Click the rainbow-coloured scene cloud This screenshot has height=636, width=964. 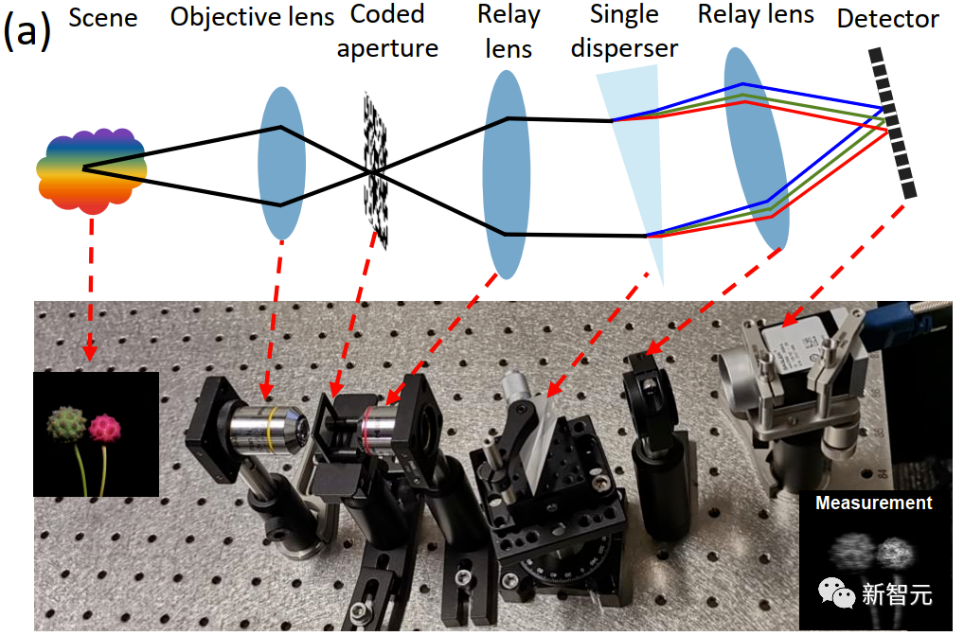[x=91, y=170]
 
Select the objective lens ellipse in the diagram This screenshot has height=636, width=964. [x=281, y=163]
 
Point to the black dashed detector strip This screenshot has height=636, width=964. [x=893, y=123]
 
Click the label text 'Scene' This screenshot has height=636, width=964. [x=103, y=18]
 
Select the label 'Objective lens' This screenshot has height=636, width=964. [x=252, y=18]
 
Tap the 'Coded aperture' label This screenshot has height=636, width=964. [x=387, y=31]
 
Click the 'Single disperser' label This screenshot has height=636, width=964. [x=624, y=30]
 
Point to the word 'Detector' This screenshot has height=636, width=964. [x=888, y=18]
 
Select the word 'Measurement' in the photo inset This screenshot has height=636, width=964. [x=873, y=503]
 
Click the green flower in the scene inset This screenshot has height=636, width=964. [x=67, y=423]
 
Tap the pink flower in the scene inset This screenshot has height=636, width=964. [x=106, y=429]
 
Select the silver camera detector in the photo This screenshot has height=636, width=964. [x=787, y=378]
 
